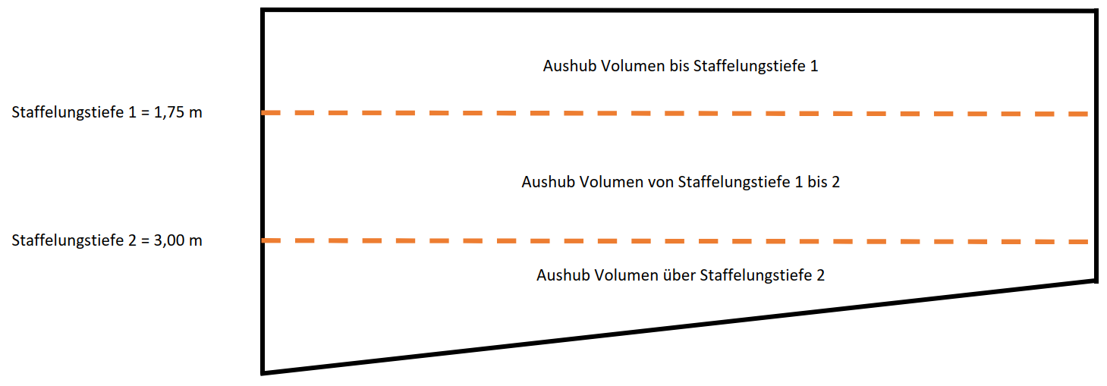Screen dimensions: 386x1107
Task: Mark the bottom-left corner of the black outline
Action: coord(263,372)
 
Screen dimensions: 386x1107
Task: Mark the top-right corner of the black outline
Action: coord(1096,11)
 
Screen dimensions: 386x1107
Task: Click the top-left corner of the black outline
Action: coord(263,10)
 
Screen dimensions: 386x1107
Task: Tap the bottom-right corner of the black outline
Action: coord(1096,281)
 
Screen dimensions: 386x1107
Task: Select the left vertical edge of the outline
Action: coord(263,190)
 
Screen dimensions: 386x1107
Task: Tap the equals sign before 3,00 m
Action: coord(142,241)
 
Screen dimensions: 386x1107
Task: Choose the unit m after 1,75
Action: coord(196,113)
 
